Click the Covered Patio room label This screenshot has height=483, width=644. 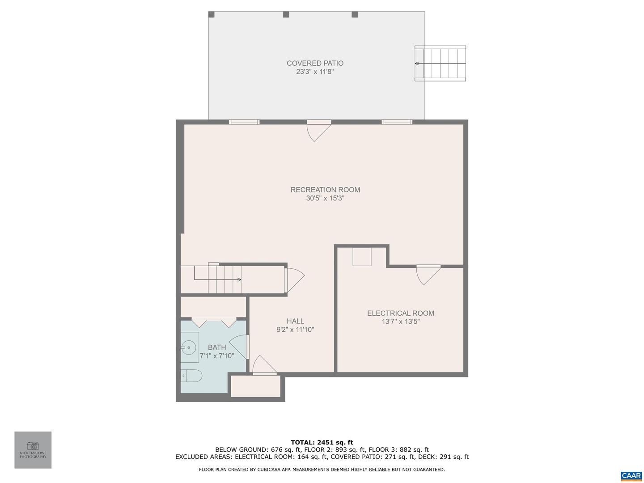315,63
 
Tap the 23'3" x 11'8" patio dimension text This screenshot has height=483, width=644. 315,72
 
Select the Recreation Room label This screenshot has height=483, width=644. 325,190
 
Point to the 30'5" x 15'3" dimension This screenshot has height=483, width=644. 325,198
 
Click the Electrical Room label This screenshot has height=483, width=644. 400,313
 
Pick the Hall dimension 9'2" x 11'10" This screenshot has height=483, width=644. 295,330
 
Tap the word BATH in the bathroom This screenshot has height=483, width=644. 217,347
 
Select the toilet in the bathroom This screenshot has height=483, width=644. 191,376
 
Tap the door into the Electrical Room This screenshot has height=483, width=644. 428,275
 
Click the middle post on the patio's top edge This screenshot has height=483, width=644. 286,14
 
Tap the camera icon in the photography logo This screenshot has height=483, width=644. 33,446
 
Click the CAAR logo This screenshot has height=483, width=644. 631,475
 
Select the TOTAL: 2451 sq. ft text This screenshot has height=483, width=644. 322,442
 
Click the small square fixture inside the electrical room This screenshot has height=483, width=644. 362,257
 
